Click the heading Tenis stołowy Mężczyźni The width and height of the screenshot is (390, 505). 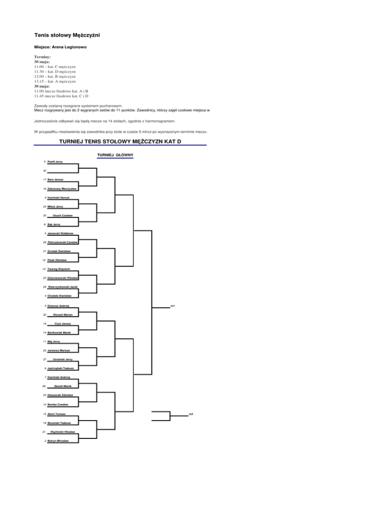(70, 36)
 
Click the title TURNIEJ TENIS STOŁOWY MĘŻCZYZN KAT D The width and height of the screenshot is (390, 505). (120, 141)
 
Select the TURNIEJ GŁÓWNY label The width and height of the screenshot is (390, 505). (115, 154)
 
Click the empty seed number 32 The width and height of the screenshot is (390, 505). (45, 171)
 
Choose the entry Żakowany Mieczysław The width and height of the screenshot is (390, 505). (62, 188)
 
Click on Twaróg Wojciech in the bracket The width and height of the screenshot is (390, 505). (60, 269)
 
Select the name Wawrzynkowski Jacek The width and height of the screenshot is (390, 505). (63, 287)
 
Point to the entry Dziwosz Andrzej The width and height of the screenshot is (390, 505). (58, 305)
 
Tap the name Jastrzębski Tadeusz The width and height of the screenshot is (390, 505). (61, 368)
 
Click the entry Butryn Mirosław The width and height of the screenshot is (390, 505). (59, 440)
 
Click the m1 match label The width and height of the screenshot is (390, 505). (173, 306)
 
